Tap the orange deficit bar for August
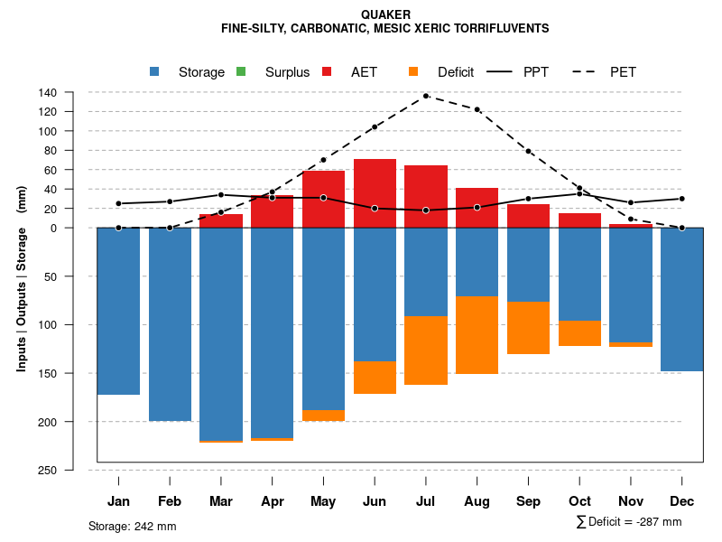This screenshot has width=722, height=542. coord(477,334)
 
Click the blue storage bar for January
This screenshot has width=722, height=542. coord(118,311)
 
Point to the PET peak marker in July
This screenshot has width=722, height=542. coord(425,96)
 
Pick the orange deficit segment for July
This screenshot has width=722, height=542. coord(426,350)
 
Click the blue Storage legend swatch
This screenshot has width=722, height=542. coord(154,72)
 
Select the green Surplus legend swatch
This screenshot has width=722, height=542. coord(241,72)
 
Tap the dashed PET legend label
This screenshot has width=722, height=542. coord(623,72)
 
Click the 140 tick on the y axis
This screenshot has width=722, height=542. coord(48,92)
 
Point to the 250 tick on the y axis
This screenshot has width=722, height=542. coord(48,470)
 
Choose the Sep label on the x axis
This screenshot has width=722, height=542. coord(528,501)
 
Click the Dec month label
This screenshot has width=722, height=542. coord(682,501)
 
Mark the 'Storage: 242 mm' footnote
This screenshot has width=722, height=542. coord(132,526)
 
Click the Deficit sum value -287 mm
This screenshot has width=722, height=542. coord(660,522)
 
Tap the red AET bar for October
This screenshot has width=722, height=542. coord(579,220)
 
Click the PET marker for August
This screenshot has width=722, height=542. coord(477,109)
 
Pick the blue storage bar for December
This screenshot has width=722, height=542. coord(681,299)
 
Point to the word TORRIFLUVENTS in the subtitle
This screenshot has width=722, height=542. coord(495,28)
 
